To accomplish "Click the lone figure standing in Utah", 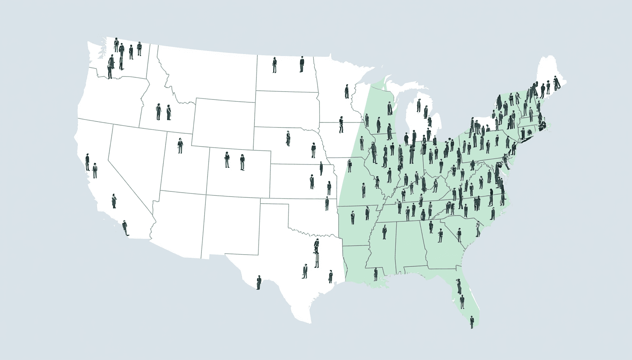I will coord(180,146).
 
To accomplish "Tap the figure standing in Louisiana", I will coord(376,274).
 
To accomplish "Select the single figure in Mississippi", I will coord(384,232).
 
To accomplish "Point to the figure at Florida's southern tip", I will coord(472,322).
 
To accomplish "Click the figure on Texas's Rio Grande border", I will coord(259,282).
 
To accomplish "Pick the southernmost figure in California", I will coord(126,228).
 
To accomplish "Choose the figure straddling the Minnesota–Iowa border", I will coord(341,125).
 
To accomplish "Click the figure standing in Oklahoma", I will coord(327,203).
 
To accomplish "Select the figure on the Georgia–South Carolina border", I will coord(459,235).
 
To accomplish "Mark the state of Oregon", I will coord(111,99).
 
